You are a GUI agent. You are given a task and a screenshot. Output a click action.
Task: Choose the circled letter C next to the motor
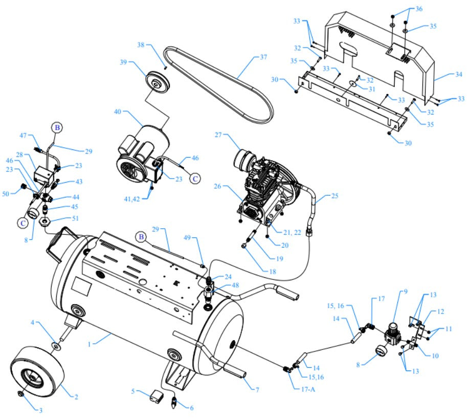pos(195,179)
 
